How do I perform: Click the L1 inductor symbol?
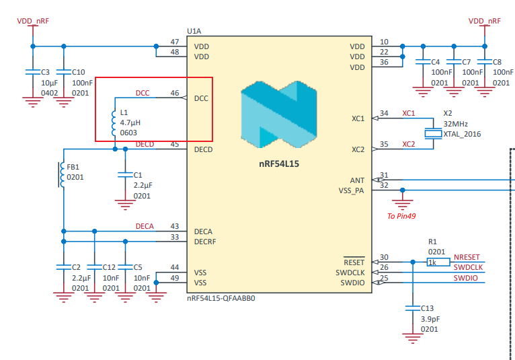point(114,123)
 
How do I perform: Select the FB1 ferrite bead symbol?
point(61,174)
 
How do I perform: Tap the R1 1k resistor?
point(438,262)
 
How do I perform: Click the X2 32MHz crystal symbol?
point(433,133)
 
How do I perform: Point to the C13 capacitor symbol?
point(413,308)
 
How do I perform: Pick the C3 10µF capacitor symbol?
point(33,72)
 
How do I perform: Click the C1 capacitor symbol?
point(125,174)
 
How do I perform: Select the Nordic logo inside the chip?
point(279,114)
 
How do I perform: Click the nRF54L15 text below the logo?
point(279,164)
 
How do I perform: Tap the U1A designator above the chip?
point(194,31)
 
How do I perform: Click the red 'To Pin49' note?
point(401,216)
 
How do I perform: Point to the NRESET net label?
point(467,257)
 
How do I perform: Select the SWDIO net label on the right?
point(465,278)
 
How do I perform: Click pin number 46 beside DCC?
point(175,93)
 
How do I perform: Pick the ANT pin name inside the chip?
point(357,180)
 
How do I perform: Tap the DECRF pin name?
point(205,242)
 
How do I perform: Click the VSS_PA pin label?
point(351,190)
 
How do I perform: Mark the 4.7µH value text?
point(130,122)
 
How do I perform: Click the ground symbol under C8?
point(485,92)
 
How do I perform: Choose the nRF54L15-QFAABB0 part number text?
point(221,298)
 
